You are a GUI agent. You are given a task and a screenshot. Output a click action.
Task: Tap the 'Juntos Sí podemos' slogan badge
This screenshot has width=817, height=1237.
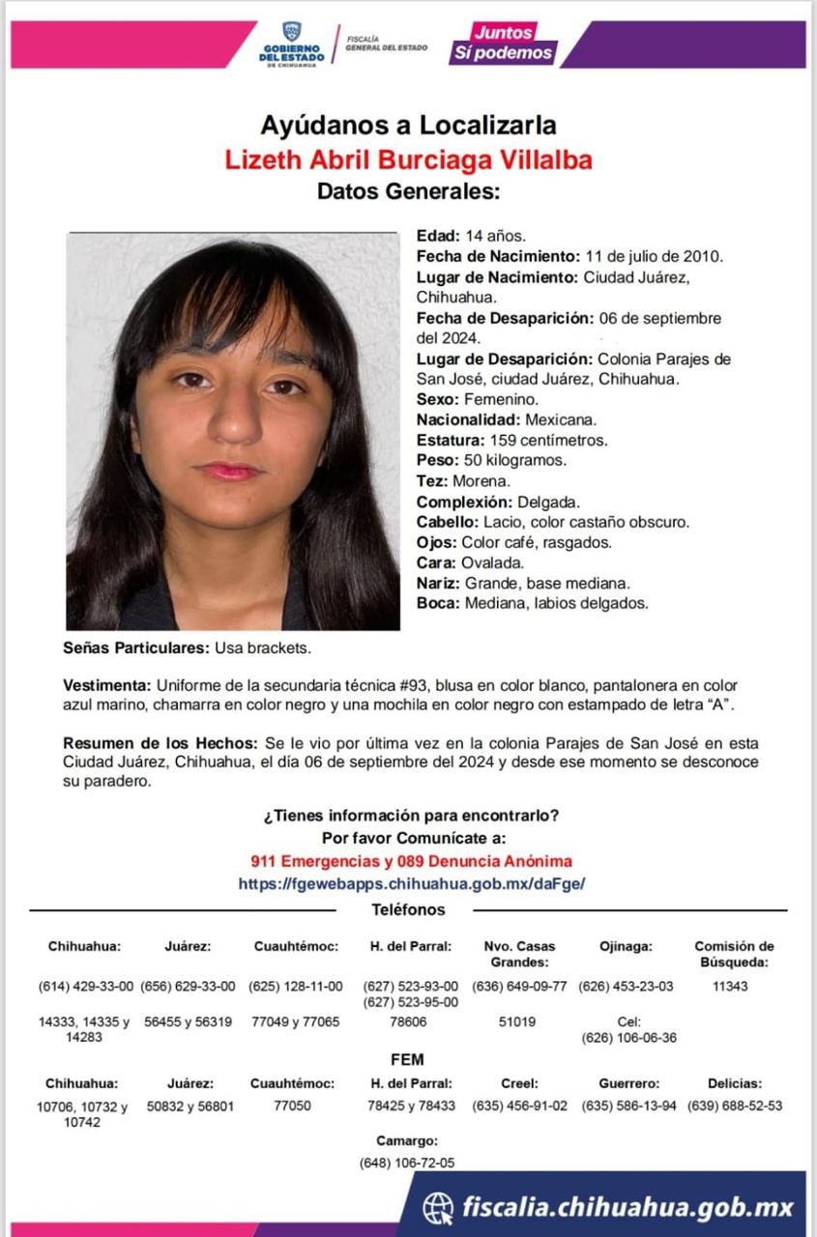504,43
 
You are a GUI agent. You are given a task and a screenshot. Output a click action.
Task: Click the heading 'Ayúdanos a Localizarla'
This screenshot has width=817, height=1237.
408,125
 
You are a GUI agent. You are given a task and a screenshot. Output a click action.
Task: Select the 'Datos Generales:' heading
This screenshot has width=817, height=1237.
408,191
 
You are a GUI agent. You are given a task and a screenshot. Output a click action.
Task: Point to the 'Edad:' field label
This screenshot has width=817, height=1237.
438,236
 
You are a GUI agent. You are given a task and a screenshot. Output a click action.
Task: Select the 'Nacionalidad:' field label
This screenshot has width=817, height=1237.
468,419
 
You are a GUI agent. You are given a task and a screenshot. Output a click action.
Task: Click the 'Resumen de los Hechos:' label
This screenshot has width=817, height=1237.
160,744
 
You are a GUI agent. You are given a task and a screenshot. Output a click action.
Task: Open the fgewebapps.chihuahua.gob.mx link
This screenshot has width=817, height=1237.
411,883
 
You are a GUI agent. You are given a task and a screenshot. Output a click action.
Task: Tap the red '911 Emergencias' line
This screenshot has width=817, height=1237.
411,861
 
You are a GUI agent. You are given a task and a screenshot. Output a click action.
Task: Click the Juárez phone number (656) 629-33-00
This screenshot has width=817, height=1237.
188,987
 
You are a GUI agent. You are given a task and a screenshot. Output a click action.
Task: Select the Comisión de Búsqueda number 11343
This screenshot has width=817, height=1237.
736,987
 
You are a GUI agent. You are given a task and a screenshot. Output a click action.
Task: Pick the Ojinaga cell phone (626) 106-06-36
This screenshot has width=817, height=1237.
628,1038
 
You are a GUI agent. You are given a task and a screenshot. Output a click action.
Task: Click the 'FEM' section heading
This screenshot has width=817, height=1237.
408,1060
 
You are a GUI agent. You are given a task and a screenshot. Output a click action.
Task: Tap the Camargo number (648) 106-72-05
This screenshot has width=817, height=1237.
407,1163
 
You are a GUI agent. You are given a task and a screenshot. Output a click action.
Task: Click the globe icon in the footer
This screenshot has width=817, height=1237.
438,1206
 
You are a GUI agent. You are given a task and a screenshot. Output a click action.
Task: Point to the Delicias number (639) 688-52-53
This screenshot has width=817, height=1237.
735,1106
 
